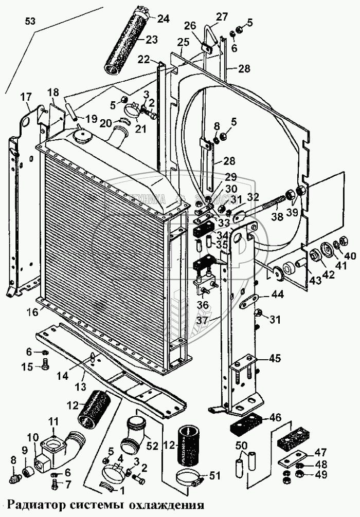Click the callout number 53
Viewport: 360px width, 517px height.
[31, 21]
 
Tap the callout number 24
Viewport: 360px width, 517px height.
[163, 20]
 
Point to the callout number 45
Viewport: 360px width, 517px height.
[275, 359]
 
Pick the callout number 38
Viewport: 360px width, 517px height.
[277, 218]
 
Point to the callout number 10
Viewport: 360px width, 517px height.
[32, 438]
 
